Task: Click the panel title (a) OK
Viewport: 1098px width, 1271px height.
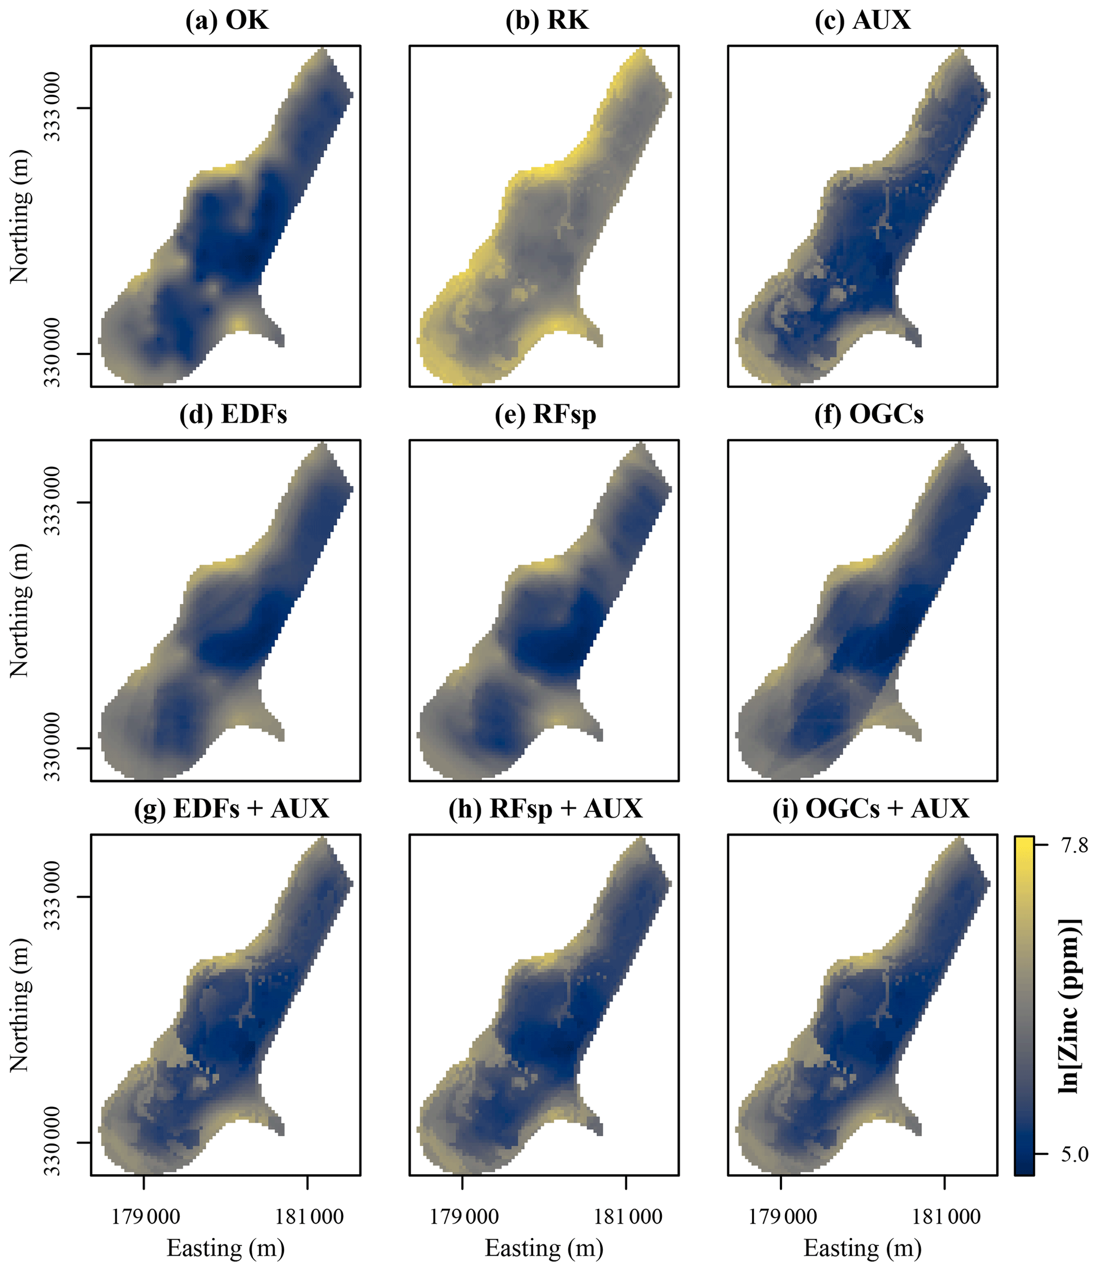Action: click(x=226, y=21)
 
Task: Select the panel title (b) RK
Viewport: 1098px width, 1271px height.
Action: click(x=546, y=21)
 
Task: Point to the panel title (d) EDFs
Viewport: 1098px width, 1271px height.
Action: click(x=233, y=415)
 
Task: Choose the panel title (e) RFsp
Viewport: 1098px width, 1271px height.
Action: click(x=545, y=415)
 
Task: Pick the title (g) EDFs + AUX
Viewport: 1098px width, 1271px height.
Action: click(x=231, y=809)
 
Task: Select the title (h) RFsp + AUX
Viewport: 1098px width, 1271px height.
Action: click(x=545, y=809)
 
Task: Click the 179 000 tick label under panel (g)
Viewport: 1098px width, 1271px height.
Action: click(x=144, y=1199)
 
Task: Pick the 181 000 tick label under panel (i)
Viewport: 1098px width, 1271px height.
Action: click(x=946, y=1199)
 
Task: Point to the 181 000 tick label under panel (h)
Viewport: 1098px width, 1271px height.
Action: click(x=628, y=1199)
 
